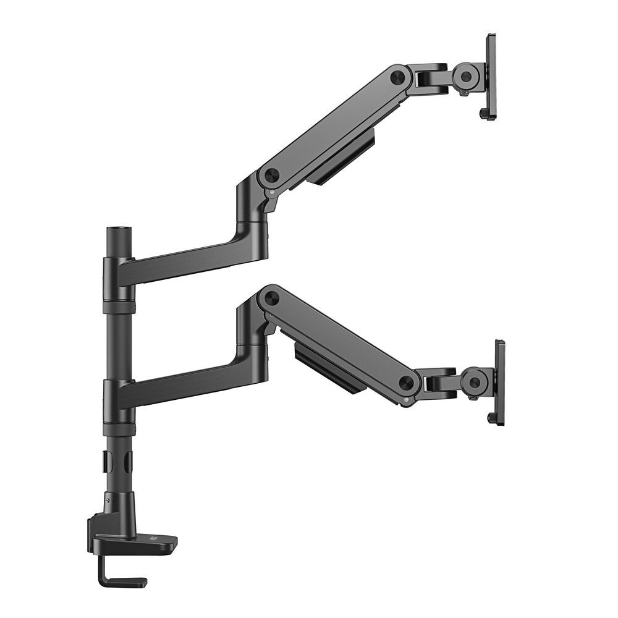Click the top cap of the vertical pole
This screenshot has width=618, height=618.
[116, 231]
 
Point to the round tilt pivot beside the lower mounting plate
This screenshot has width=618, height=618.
[473, 381]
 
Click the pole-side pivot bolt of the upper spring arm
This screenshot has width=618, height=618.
[269, 175]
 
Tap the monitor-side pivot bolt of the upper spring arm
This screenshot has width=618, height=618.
[398, 77]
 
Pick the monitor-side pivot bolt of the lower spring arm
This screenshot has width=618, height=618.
[406, 383]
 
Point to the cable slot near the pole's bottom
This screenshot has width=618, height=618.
[106, 460]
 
